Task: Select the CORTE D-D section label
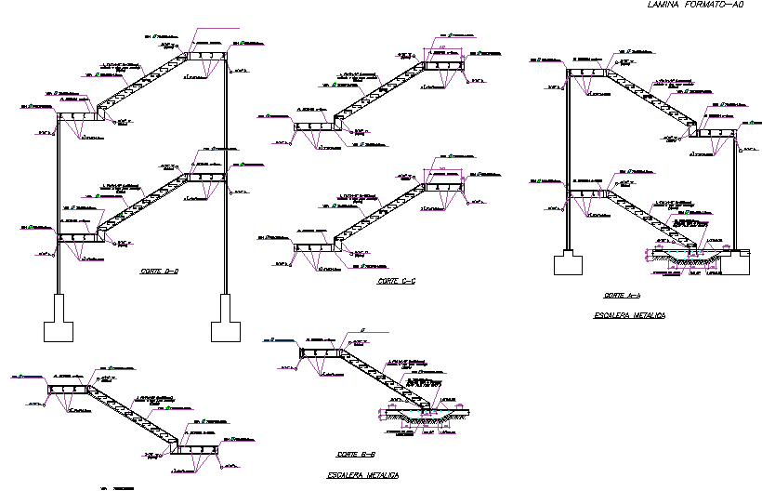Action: pyautogui.click(x=160, y=272)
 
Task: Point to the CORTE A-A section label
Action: pyautogui.click(x=621, y=296)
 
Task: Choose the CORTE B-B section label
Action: pyautogui.click(x=355, y=455)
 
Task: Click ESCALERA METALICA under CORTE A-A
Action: pyautogui.click(x=629, y=316)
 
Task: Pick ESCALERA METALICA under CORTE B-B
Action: pyautogui.click(x=362, y=475)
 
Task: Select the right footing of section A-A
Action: pyautogui.click(x=740, y=264)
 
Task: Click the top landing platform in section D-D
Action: pyautogui.click(x=205, y=57)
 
